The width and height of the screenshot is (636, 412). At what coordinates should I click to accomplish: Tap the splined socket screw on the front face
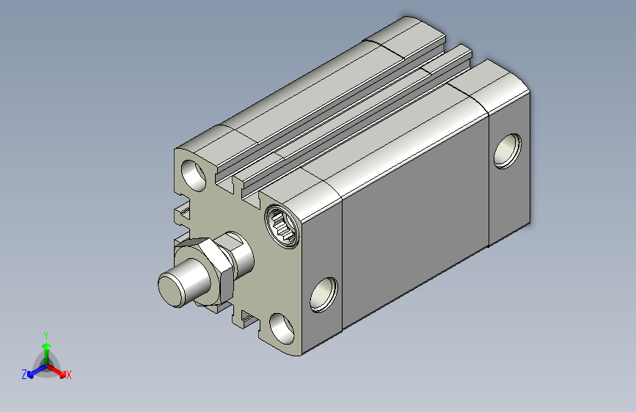[x=283, y=226]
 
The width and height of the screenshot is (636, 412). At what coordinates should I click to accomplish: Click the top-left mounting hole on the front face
[x=194, y=175]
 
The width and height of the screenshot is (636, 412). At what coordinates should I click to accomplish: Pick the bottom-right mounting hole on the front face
[x=282, y=328]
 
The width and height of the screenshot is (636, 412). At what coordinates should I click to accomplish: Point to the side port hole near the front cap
[x=324, y=295]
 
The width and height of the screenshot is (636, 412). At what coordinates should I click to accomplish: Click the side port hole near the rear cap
[x=508, y=151]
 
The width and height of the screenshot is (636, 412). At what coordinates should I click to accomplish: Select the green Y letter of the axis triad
[x=46, y=335]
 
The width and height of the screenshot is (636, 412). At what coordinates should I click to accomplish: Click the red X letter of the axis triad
[x=68, y=375]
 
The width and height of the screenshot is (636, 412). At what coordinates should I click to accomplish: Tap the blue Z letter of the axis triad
[x=24, y=375]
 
